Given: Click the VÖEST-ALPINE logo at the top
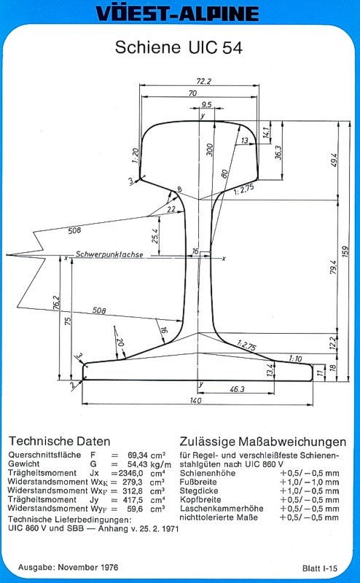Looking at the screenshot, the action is coord(177,13).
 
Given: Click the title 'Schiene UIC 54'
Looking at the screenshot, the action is coord(179,47).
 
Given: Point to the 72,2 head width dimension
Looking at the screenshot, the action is coord(203,81).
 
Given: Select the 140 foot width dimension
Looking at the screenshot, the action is coord(195,400).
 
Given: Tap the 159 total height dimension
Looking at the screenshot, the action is coord(345,251).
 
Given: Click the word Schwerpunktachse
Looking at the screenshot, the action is coord(109,254).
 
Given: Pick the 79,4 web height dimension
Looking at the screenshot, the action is coord(333,267).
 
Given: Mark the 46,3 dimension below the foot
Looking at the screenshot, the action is coord(237,389).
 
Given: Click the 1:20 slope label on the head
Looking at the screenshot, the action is coord(136,155).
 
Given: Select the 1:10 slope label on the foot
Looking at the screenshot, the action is coord(295,359).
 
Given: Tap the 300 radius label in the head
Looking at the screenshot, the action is coord(210,149).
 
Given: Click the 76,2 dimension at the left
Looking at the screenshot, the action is coord(56,302).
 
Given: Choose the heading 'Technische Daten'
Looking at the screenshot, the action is coord(60,441).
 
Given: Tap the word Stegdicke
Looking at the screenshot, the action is coord(199,490).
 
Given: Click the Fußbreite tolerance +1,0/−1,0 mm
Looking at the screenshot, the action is coord(310,482).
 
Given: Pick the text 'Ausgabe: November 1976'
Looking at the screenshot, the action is coord(69,567).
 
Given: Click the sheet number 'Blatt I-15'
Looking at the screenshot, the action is coord(320,568).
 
